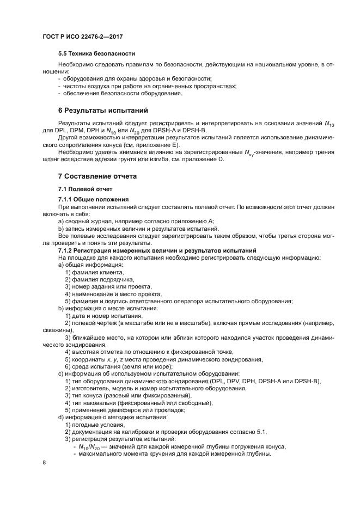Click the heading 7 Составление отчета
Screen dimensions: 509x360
(97, 176)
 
